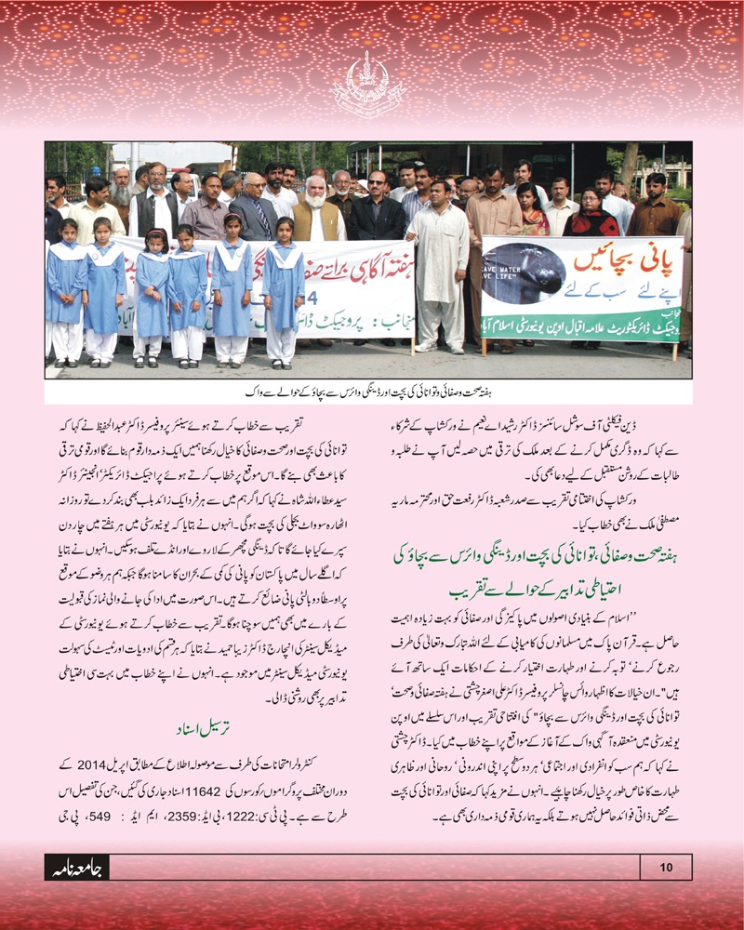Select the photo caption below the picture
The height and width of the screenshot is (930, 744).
[x=369, y=385]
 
